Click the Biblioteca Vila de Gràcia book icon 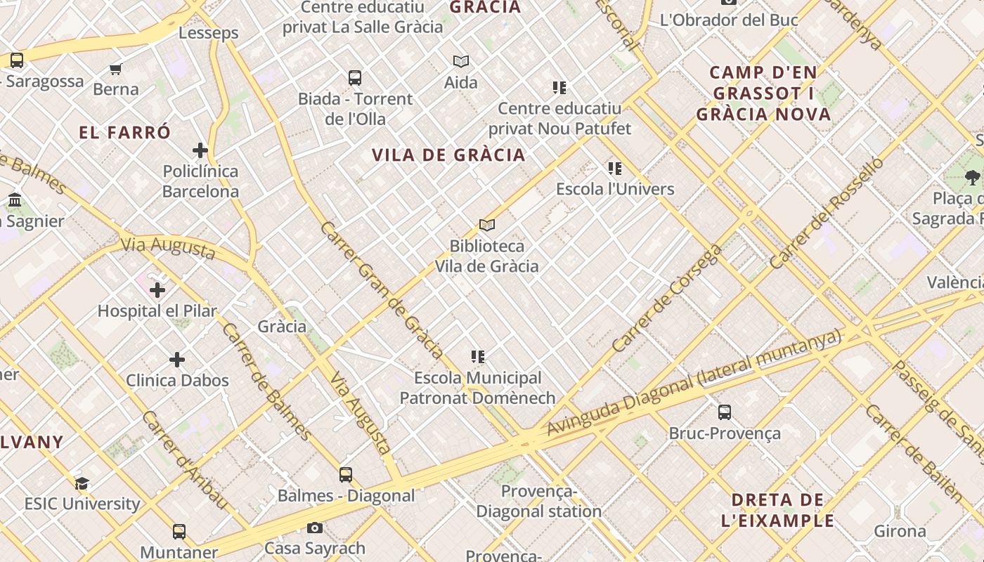point(487,225)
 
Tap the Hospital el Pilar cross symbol point(157,289)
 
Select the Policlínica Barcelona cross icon point(200,150)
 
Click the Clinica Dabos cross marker point(177,360)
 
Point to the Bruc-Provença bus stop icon point(725,412)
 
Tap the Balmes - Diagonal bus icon point(346,474)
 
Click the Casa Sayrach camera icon point(315,528)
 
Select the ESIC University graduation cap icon point(82,483)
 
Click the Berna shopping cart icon point(116,69)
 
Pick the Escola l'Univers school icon point(615,169)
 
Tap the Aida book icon point(461,62)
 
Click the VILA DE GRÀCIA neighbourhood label point(448,155)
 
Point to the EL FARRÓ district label point(125,133)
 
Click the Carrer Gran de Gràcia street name point(381,290)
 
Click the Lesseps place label point(209,33)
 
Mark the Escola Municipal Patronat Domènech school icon point(478,357)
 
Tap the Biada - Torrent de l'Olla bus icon point(355,77)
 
